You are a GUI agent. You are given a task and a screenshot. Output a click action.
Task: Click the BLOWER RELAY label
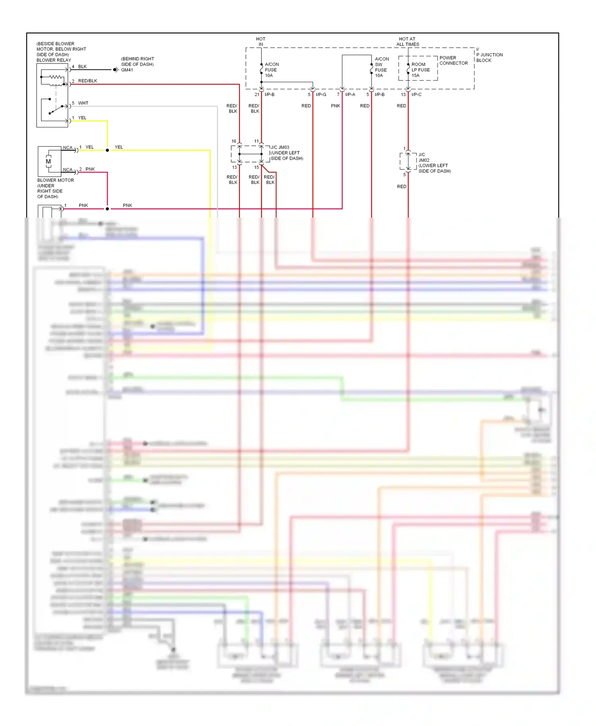(x=54, y=60)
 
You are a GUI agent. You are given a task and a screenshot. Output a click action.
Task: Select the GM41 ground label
(x=127, y=70)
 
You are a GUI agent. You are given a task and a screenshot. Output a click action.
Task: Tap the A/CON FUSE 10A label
(x=271, y=70)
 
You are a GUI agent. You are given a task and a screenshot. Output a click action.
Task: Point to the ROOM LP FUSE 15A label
(x=420, y=70)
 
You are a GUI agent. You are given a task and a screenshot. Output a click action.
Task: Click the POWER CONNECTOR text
(x=453, y=60)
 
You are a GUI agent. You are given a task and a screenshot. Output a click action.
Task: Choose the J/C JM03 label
(x=280, y=147)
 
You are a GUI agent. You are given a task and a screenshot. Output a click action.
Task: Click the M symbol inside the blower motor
(x=48, y=162)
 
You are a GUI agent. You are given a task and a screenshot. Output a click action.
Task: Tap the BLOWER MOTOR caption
(x=56, y=180)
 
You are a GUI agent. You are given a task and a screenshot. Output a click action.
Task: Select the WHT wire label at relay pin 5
(x=83, y=103)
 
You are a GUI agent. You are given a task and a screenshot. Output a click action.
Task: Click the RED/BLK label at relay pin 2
(x=87, y=81)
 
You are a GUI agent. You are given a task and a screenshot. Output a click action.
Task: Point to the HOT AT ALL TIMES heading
(x=407, y=42)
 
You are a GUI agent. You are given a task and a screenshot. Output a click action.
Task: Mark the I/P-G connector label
(x=321, y=95)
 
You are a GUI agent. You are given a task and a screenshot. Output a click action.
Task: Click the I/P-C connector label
(x=416, y=95)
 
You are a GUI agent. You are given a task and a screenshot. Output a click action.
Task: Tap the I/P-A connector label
(x=350, y=95)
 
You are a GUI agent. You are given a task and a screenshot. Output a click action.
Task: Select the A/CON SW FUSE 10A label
(x=381, y=67)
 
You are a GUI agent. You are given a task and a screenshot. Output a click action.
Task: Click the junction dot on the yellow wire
(x=107, y=150)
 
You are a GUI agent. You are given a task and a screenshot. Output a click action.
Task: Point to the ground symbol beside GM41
(x=116, y=70)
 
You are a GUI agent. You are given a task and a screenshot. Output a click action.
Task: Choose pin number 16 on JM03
(x=234, y=141)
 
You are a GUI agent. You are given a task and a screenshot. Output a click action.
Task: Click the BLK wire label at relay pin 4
(x=82, y=67)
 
